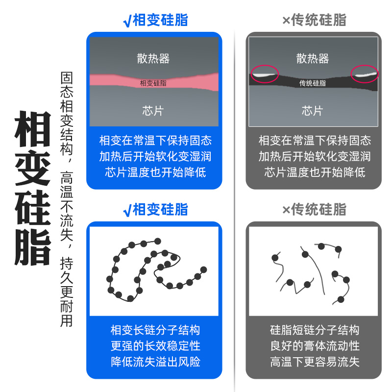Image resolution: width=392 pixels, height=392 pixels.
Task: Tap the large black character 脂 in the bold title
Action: click(x=32, y=247)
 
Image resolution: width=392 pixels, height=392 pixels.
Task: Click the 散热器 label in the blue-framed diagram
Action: click(x=153, y=59)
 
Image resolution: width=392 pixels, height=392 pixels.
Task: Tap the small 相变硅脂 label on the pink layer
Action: click(x=153, y=83)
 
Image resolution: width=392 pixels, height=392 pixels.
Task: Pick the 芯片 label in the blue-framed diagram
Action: click(x=153, y=110)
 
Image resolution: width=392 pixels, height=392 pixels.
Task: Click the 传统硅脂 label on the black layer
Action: click(x=313, y=83)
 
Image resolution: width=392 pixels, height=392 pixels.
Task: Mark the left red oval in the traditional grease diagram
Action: click(x=265, y=74)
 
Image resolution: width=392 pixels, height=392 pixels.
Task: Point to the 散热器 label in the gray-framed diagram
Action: click(x=313, y=59)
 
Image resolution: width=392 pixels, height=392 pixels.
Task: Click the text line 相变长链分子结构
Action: click(x=155, y=330)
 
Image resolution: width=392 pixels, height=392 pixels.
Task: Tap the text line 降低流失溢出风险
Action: click(x=155, y=362)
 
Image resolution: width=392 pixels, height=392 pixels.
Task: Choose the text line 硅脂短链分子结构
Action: click(x=315, y=330)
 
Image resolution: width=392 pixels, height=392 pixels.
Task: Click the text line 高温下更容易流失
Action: click(x=315, y=362)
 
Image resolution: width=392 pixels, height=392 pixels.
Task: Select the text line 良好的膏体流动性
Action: click(x=315, y=346)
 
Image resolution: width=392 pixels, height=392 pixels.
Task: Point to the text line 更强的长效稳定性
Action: click(x=155, y=346)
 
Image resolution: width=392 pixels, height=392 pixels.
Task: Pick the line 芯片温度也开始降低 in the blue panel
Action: click(x=155, y=172)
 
